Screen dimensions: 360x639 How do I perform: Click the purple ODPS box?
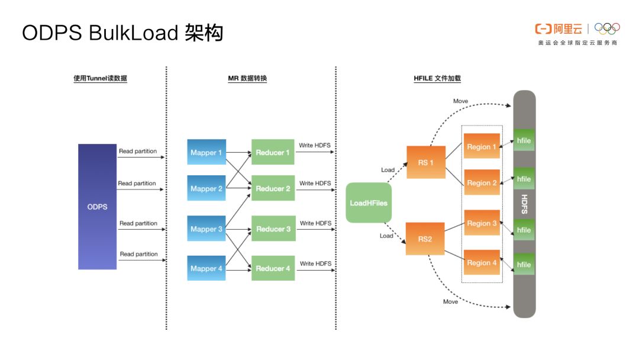[97, 207]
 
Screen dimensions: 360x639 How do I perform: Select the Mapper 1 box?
[206, 153]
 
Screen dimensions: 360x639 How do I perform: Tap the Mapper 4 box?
[206, 268]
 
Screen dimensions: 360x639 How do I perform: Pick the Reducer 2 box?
[273, 188]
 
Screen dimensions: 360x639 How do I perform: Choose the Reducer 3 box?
[273, 229]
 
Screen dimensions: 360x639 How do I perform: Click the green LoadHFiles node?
[369, 202]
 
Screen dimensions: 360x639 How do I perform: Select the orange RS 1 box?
[426, 162]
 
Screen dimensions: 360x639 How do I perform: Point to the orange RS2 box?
[425, 239]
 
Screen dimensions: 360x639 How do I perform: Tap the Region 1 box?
[482, 146]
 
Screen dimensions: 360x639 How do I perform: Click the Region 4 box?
[482, 262]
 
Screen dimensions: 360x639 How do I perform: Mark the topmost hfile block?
[524, 140]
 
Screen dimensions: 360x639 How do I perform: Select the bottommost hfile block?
[524, 264]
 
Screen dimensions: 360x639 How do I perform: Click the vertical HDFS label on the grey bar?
[524, 204]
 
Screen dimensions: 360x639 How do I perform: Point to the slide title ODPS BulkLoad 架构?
[122, 33]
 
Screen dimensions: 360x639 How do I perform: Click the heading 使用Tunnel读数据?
[100, 78]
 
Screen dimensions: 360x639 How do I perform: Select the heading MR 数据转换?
[247, 78]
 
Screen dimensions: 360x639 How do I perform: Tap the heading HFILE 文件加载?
[437, 78]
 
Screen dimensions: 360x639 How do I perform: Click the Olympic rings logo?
[607, 28]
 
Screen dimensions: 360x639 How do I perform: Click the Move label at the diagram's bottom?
[450, 302]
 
